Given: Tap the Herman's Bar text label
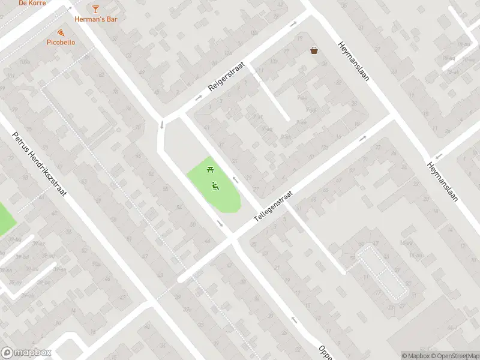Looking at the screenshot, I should [95, 19].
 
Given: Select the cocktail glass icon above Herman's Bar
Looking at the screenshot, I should [95, 8].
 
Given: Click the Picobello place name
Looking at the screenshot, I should [61, 42].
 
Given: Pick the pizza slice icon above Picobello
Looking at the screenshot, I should [61, 32].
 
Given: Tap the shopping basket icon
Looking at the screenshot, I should [314, 51].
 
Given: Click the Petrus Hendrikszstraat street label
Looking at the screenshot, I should [41, 163].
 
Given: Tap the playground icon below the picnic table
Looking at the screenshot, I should [215, 185].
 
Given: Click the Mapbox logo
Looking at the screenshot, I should [26, 352].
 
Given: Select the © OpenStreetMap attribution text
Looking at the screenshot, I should [454, 356].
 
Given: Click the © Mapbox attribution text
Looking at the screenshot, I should [415, 356].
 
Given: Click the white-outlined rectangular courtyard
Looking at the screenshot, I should [383, 273].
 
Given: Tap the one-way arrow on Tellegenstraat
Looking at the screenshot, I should [362, 139].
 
